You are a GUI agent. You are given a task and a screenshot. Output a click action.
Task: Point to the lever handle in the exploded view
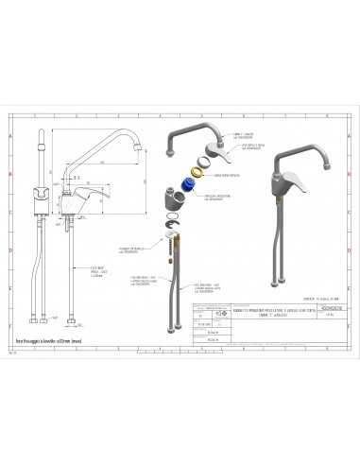pyautogui.click(x=218, y=150)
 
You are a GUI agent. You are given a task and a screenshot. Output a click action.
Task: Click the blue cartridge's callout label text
pyautogui.click(x=217, y=195)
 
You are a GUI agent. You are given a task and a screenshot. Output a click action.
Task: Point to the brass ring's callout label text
pyautogui.click(x=228, y=176)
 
